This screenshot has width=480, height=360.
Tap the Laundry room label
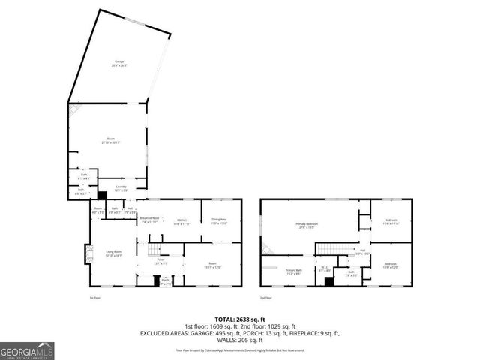point(121,188)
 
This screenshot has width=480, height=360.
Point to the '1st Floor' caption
point(93,298)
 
